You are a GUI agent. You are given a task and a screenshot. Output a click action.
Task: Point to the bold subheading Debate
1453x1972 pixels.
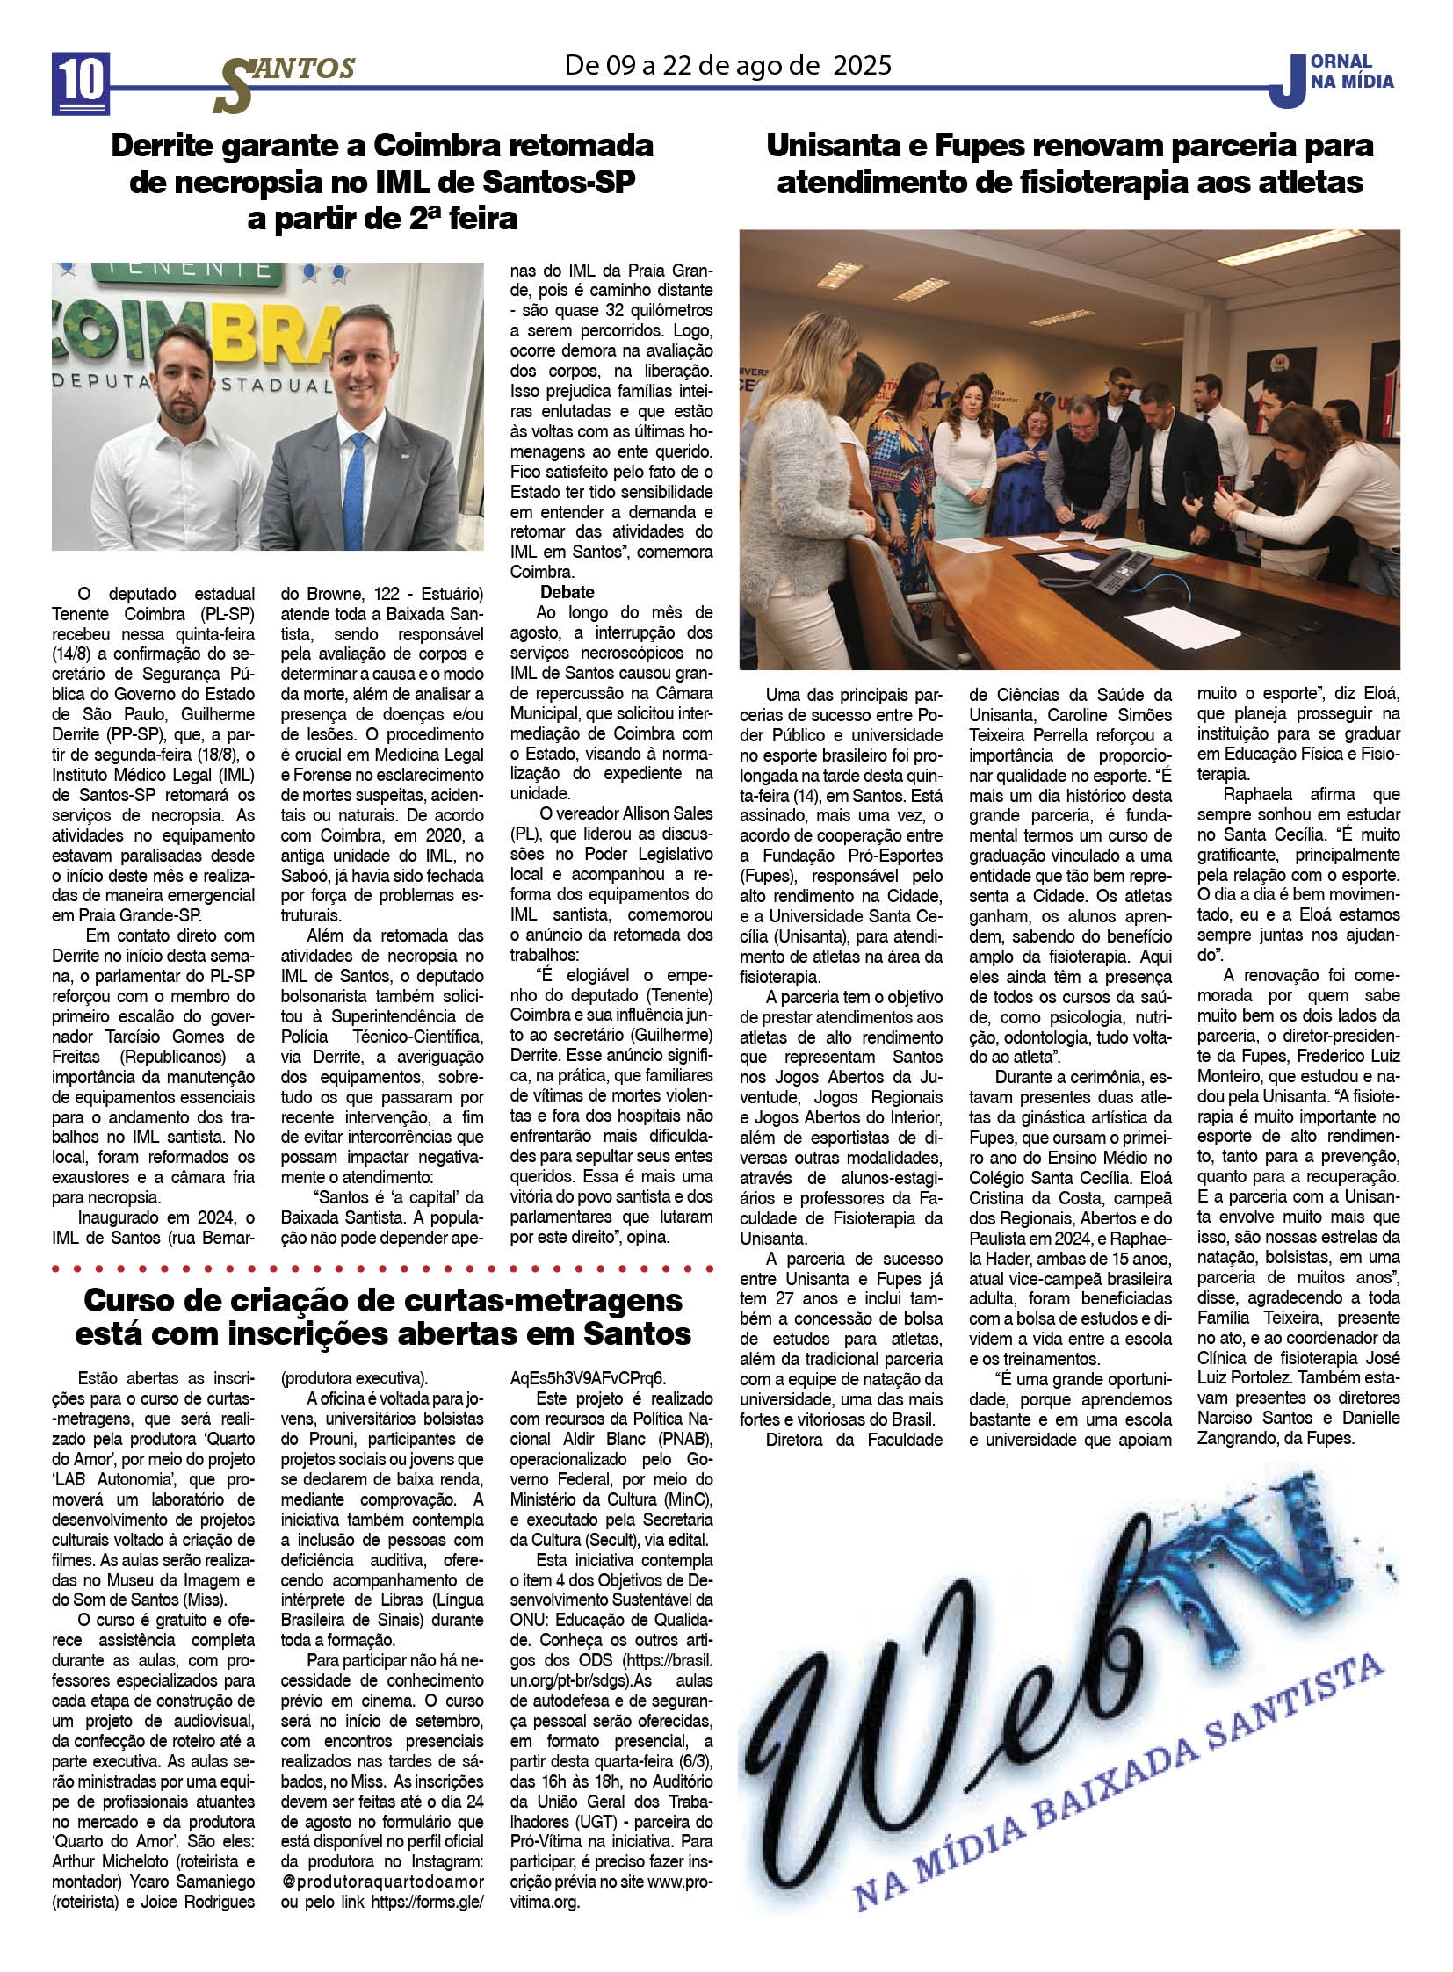point(567,592)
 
